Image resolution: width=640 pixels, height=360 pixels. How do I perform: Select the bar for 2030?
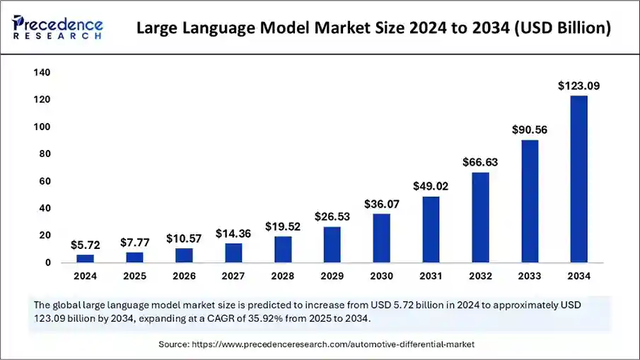381,238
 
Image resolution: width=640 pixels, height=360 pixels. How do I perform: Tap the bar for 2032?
480,217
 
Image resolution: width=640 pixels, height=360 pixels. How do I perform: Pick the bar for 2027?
233,252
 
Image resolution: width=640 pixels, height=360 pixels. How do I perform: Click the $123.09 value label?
578,86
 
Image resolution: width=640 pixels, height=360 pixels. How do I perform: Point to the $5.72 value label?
86,245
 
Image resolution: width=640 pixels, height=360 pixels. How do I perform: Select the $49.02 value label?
431,187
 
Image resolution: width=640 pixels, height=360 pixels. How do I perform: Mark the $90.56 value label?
530,130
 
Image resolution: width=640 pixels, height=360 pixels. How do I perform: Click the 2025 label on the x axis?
134,276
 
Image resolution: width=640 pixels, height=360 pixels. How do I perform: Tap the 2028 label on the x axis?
283,276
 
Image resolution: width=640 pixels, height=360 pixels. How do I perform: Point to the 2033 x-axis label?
530,276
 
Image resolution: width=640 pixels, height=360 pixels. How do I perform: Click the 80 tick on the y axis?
45,153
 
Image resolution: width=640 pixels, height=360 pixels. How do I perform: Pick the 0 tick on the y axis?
47,262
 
